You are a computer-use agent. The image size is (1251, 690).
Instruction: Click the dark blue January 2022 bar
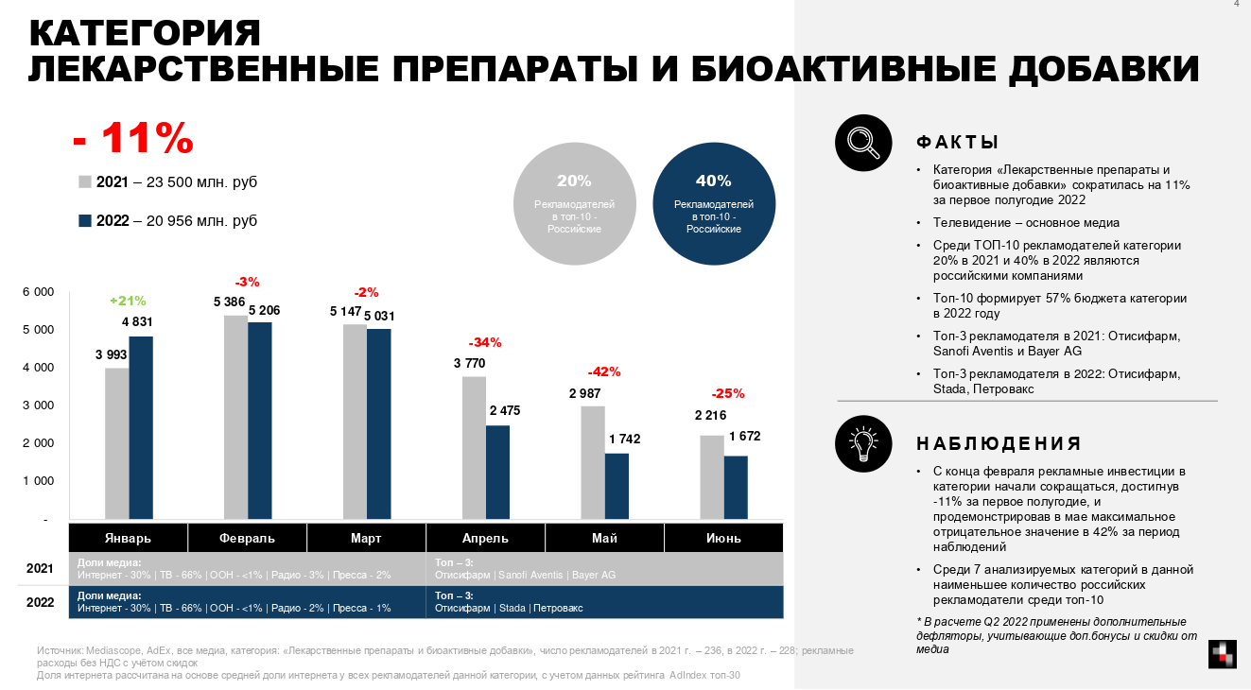tap(141, 428)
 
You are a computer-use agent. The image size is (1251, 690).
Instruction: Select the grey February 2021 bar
tap(235, 418)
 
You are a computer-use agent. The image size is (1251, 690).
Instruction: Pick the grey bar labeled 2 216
tap(712, 477)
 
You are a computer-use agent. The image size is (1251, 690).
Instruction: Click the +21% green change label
tap(128, 301)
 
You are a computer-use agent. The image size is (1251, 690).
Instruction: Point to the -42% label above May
tap(604, 371)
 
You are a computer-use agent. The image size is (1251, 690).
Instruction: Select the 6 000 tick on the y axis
tap(38, 292)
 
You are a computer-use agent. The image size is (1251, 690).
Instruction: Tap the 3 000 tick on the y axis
tap(38, 405)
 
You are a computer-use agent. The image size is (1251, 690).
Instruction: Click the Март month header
tap(366, 538)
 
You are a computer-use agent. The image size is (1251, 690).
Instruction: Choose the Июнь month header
tap(723, 538)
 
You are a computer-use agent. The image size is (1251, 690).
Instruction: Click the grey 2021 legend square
tap(84, 181)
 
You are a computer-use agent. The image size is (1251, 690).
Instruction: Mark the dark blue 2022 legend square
tap(84, 221)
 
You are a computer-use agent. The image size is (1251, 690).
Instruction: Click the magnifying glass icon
tap(863, 143)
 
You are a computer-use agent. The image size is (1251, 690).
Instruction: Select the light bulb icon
tap(863, 443)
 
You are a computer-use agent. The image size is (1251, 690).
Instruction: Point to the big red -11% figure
tap(133, 139)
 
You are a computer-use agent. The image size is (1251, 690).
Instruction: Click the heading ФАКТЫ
tap(958, 143)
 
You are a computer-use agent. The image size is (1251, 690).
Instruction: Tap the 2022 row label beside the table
tap(39, 602)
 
